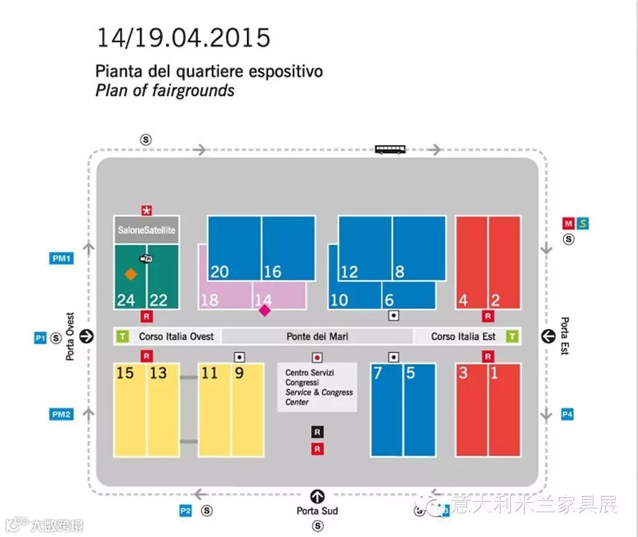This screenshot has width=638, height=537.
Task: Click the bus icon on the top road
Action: [x=390, y=149]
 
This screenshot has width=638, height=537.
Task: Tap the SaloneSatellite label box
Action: [x=146, y=230]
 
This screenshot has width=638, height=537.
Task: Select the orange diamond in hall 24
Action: [x=130, y=274]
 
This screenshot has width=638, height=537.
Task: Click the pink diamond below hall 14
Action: [x=264, y=310]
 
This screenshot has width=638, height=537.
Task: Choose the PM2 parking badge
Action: [x=61, y=414]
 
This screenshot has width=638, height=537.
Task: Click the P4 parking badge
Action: [x=567, y=414]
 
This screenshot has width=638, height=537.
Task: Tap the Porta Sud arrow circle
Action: [x=318, y=496]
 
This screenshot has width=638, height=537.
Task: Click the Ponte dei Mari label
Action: [x=317, y=336]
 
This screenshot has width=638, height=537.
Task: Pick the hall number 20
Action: [x=219, y=271]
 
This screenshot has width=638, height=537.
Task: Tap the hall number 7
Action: [x=378, y=373]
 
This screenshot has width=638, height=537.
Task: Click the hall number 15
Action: [x=125, y=373]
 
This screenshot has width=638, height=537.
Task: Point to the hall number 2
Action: [x=496, y=300]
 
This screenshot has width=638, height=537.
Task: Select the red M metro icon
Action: [x=569, y=223]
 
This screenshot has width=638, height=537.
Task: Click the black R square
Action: [x=318, y=432]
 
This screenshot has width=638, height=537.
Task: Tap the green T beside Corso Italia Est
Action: [x=512, y=336]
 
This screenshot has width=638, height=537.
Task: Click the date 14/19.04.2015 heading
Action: [x=183, y=38]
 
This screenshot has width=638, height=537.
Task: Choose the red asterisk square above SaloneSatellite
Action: [x=147, y=211]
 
